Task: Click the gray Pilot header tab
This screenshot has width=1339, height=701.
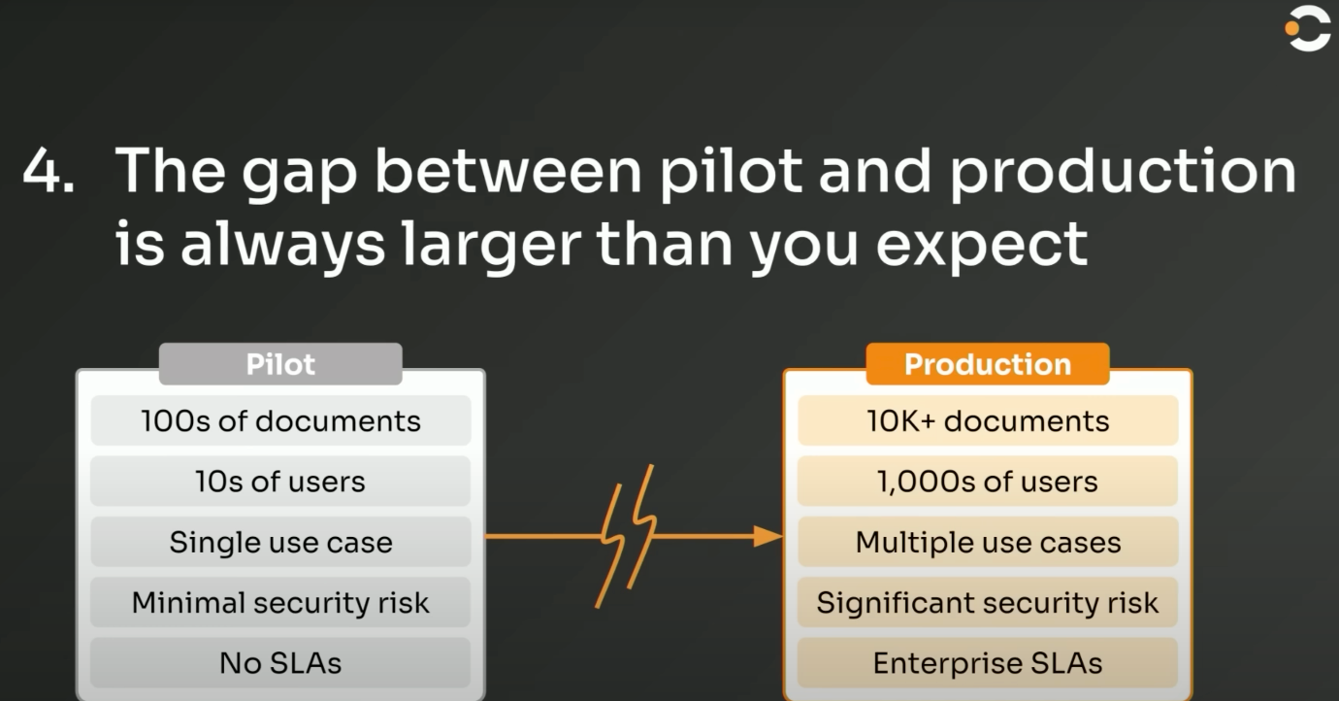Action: (x=280, y=364)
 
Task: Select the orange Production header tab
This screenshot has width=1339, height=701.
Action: (x=988, y=364)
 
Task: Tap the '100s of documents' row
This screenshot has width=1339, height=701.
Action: (x=280, y=420)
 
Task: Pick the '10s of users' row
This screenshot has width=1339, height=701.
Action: (x=280, y=481)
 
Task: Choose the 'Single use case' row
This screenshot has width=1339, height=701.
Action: (x=280, y=542)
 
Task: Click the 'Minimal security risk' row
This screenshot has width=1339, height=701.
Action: (x=280, y=602)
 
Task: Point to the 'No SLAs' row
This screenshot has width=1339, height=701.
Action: (x=280, y=663)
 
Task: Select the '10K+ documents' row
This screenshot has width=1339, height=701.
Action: (x=988, y=420)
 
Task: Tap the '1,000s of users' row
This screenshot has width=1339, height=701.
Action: (x=988, y=481)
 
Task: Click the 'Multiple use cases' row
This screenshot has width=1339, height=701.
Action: (x=988, y=542)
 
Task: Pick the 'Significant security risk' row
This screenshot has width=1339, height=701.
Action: (x=988, y=602)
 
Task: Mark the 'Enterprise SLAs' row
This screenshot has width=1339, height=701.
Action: (x=988, y=663)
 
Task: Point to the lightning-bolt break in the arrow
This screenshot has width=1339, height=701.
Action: (x=627, y=536)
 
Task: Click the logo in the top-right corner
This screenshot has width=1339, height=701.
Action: (x=1308, y=28)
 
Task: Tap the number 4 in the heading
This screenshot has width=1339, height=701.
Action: (x=41, y=171)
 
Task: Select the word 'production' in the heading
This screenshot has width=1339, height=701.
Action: (x=1123, y=173)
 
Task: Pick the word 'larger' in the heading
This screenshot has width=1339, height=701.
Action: (x=491, y=247)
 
